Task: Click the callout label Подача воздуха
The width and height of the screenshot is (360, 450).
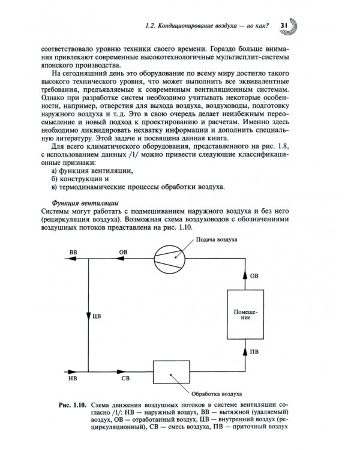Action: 215,239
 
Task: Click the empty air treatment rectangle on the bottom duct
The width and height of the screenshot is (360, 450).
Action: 171,374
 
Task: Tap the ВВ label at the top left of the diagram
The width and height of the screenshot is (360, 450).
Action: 74,251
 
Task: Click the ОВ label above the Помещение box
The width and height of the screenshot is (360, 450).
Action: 254,276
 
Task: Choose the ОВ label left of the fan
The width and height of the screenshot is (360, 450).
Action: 124,251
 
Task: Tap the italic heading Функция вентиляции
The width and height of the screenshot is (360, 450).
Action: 80,202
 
